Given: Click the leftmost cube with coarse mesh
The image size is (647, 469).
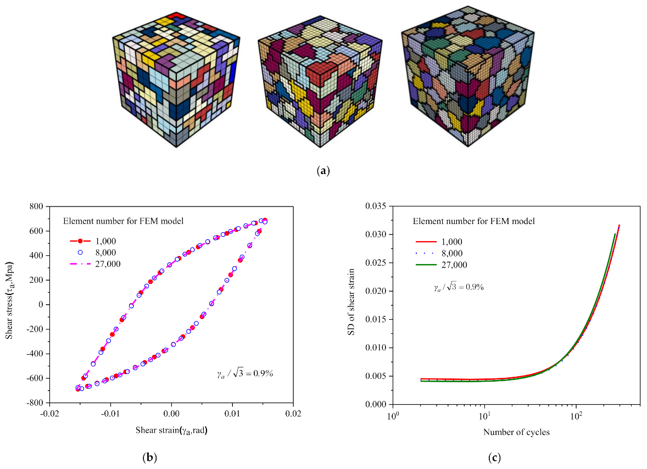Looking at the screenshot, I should click(x=176, y=80).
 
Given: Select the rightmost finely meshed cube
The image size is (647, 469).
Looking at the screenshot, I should click(x=469, y=77).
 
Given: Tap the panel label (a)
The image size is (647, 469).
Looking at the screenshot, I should click(x=323, y=171).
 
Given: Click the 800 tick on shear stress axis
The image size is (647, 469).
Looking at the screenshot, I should click(x=37, y=206).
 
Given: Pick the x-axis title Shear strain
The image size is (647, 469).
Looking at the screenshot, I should click(x=171, y=431).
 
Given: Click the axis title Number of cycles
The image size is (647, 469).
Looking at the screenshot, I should click(x=516, y=432).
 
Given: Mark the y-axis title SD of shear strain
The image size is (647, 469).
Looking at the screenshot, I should click(x=356, y=305).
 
